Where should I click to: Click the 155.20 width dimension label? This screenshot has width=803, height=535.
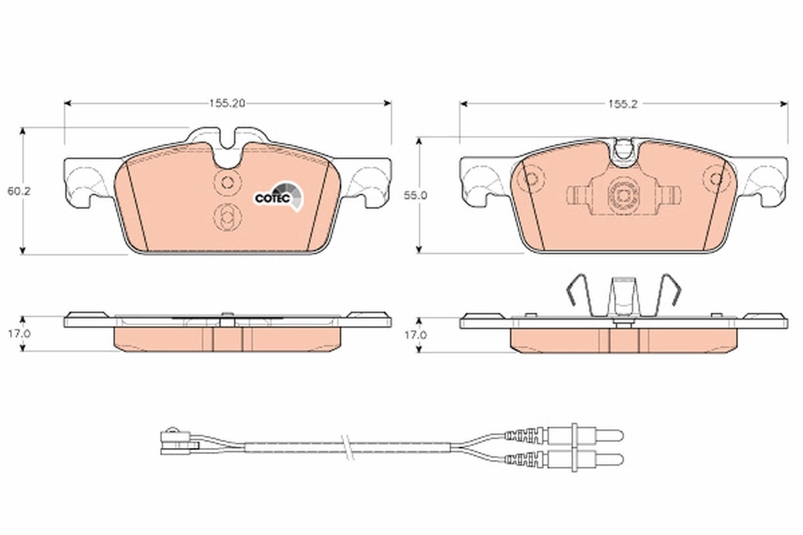coord(227,104)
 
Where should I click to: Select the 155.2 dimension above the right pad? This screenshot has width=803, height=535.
coord(622,104)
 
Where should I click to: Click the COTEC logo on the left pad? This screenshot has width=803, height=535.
coord(278,197)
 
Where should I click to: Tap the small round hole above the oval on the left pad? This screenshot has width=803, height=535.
coord(227,181)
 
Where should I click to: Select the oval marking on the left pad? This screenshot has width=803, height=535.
coord(226,216)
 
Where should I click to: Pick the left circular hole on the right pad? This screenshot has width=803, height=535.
coord(532,179)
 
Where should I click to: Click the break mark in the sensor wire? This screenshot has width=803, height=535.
coord(345,446)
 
